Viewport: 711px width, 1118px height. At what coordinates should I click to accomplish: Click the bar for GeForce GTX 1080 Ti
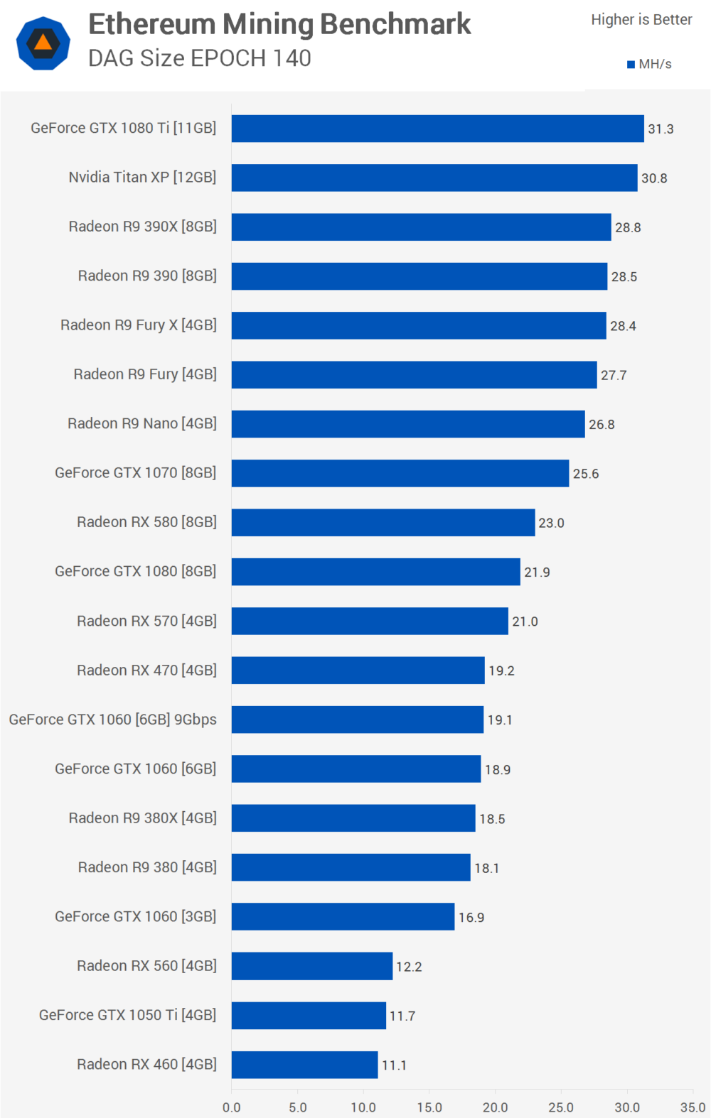coord(437,129)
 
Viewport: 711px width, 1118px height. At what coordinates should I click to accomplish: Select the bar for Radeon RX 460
coord(304,1065)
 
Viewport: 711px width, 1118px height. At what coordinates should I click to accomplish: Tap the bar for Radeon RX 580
coord(383,523)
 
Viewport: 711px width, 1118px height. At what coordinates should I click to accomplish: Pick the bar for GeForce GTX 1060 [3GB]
coord(343,917)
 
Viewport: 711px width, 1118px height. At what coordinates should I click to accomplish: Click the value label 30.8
coord(654,178)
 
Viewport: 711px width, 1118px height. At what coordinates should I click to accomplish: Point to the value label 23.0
coord(551,523)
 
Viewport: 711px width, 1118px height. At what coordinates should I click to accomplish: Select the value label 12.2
coord(409,967)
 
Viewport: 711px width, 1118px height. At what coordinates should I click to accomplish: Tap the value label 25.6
coord(586,474)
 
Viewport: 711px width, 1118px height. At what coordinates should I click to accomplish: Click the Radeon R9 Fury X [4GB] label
coord(139,325)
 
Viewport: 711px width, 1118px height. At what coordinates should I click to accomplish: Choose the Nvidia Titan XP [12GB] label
coord(142,178)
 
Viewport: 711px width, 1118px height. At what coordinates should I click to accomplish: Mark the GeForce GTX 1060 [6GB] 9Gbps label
coord(112,720)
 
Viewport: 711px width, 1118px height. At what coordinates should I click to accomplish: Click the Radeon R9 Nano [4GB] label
coord(142,424)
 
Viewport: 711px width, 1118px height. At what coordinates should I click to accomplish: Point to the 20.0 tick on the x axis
coord(495,1107)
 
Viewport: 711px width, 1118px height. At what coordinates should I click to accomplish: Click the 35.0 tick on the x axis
coord(693,1107)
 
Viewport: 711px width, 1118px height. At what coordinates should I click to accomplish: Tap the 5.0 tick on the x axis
coord(297,1107)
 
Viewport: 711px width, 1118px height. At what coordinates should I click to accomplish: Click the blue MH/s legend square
coord(631,65)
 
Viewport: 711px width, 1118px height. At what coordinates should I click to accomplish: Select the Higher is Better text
coord(641,20)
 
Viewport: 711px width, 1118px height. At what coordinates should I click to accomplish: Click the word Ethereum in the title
coord(151,24)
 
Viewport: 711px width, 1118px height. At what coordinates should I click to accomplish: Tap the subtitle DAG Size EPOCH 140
coord(200,58)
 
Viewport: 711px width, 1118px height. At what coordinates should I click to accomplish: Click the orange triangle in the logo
coord(43,43)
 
